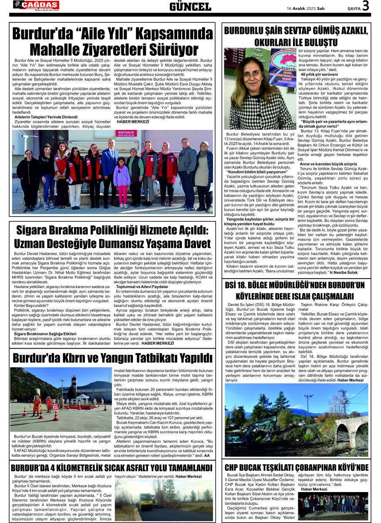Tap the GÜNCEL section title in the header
190,7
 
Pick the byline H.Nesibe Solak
347,272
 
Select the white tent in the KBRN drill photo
83,397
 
